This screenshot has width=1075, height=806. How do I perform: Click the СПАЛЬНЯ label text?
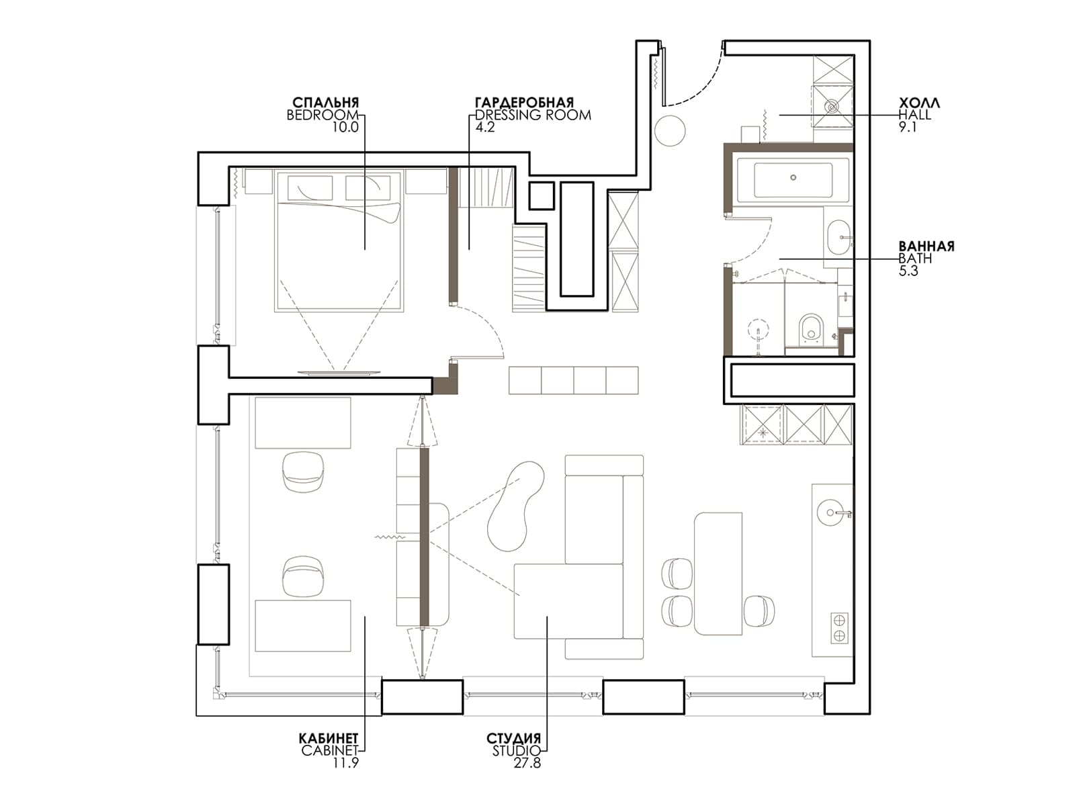tap(326, 102)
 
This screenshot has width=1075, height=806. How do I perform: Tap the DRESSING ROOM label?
tap(533, 115)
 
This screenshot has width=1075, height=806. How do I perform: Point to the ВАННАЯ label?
tap(927, 246)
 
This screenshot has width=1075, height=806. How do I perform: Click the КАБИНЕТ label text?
tap(329, 738)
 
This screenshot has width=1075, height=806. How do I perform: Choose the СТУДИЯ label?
tap(514, 738)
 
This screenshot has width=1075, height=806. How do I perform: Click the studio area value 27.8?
tap(527, 763)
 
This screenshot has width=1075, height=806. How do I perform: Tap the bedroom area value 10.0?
tap(346, 127)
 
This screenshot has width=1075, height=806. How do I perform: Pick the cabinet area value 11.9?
tap(346, 763)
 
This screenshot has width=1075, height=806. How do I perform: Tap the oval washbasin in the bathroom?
tap(839, 237)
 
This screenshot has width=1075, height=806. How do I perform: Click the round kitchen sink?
tap(830, 512)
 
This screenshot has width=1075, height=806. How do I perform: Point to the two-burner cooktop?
tap(839, 628)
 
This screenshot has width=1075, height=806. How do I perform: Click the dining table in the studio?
tap(718, 574)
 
